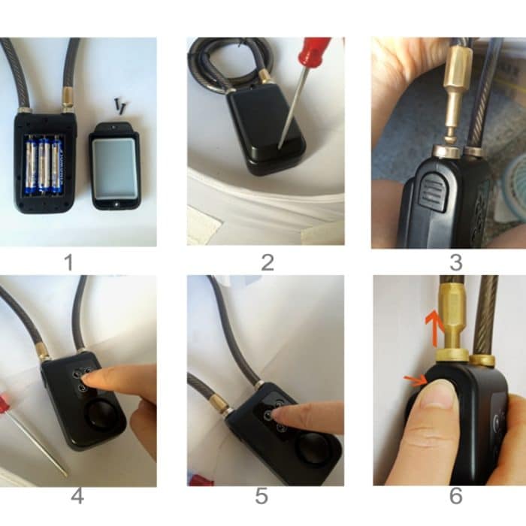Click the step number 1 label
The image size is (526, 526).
click(x=69, y=262)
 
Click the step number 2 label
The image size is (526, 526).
click(x=267, y=262)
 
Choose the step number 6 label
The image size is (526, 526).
click(x=455, y=497)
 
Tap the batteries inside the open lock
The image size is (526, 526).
click(x=44, y=164)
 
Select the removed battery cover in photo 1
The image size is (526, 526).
click(x=114, y=167)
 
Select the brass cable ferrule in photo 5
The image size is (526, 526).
click(x=221, y=405)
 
